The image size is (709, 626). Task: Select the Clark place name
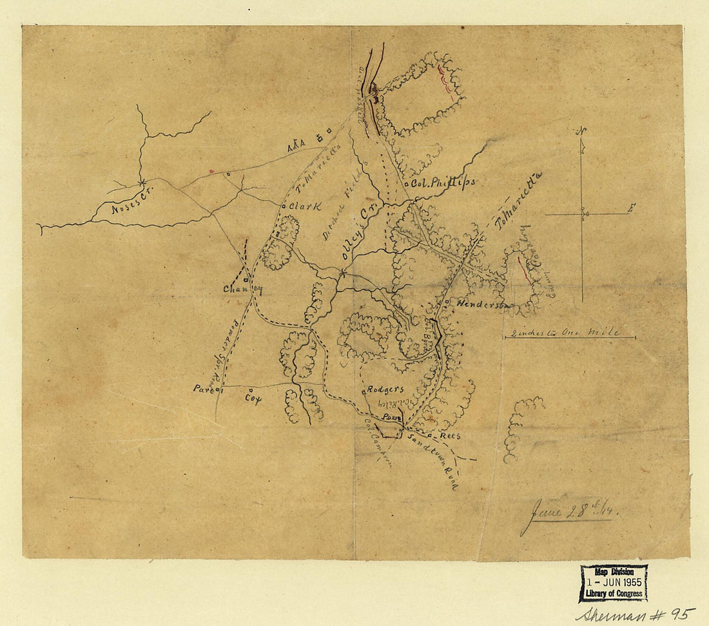[x=304, y=206]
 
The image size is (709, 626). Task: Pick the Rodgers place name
[x=385, y=389]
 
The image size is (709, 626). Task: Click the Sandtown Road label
[x=433, y=460]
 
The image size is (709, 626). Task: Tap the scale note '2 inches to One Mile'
[x=563, y=333]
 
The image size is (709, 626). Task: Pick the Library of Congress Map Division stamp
[x=614, y=582]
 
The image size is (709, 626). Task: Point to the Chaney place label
[x=242, y=289]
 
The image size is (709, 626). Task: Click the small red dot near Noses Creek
[x=211, y=171]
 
